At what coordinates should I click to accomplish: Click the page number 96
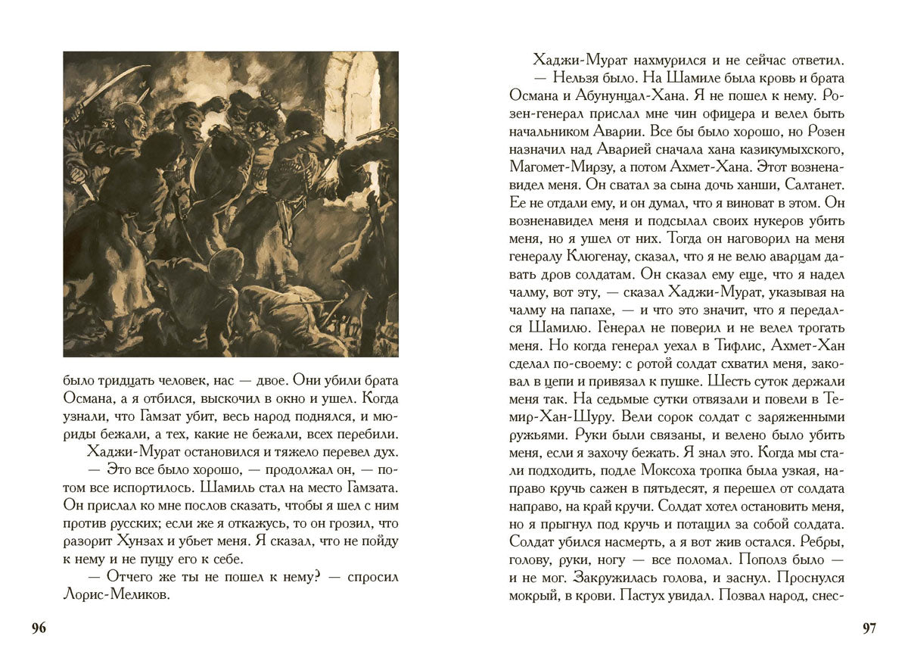pyautogui.click(x=39, y=628)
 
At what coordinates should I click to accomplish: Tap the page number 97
pyautogui.click(x=869, y=628)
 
